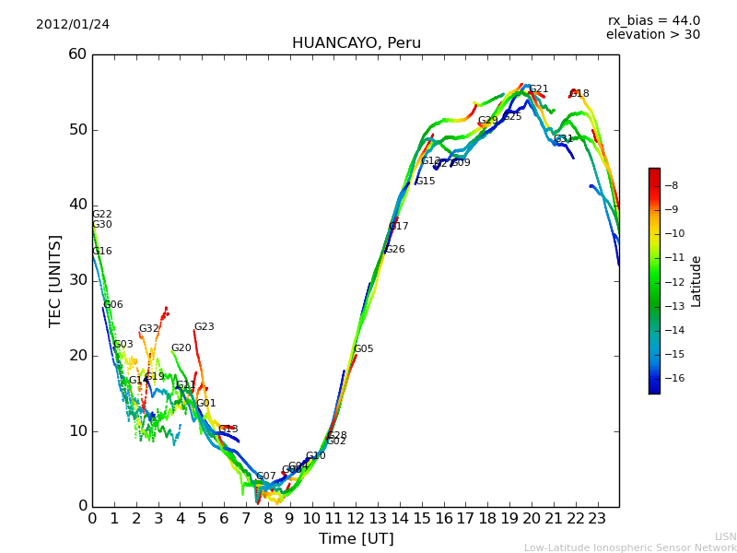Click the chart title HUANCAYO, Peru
point(356,43)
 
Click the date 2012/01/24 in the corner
point(73,25)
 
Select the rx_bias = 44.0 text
point(653,21)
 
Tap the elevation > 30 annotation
point(653,35)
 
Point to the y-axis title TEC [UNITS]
point(56,280)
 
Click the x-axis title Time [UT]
point(356,539)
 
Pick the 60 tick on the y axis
point(77,54)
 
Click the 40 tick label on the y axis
point(77,205)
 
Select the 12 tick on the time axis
point(356,518)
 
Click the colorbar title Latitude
point(696,281)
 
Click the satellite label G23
point(204,327)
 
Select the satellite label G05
point(364,349)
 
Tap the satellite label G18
point(579,94)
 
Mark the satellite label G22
point(102,215)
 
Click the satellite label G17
point(399,227)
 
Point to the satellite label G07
point(266,477)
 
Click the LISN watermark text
point(725,536)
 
